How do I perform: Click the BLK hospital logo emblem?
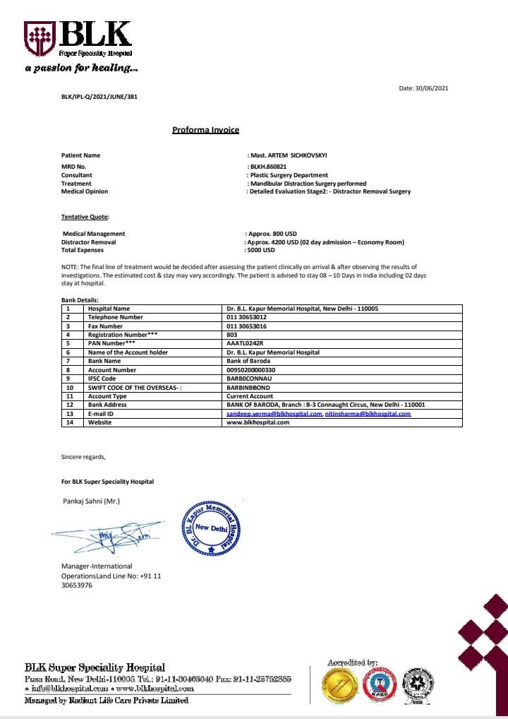pyautogui.click(x=40, y=38)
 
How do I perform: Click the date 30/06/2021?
pyautogui.click(x=423, y=88)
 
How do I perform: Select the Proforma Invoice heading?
pyautogui.click(x=206, y=130)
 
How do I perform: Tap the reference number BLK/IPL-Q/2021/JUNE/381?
pyautogui.click(x=99, y=97)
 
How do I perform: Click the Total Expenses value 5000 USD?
pyautogui.click(x=261, y=250)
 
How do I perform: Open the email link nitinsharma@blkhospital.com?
pyautogui.click(x=368, y=414)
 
